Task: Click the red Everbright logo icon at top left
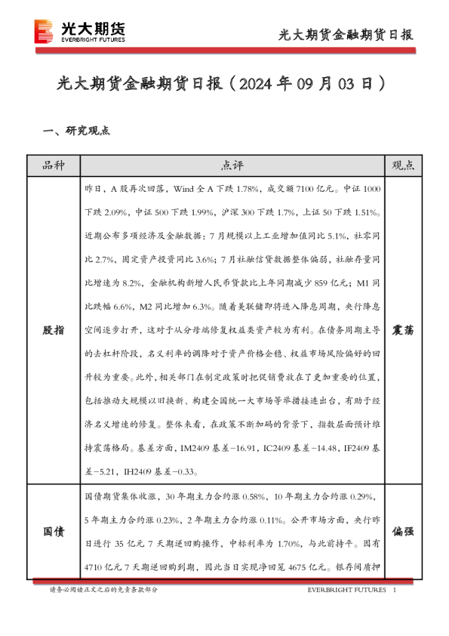coord(45,32)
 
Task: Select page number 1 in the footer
coord(395,589)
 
